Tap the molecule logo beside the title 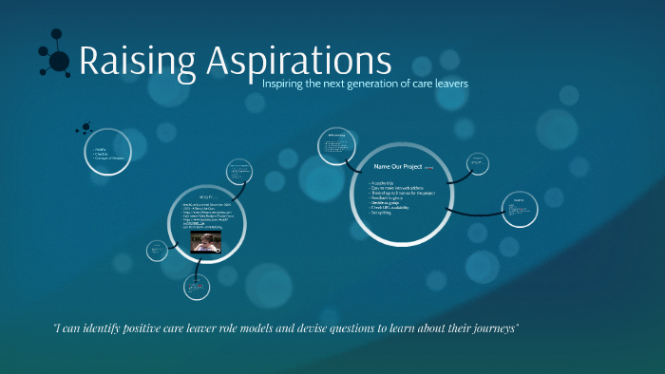click(x=55, y=58)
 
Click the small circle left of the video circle click(x=157, y=251)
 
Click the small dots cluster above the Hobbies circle click(x=85, y=127)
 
